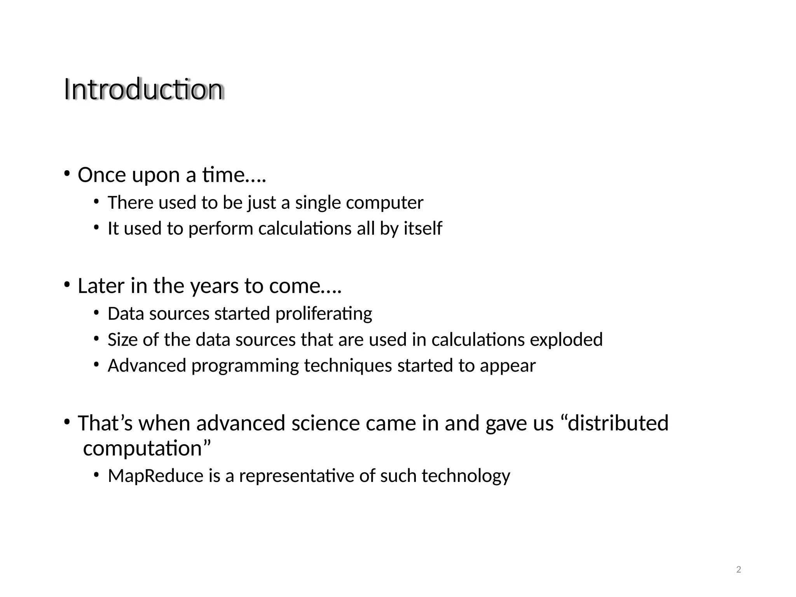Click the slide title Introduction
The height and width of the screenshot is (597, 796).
click(x=143, y=89)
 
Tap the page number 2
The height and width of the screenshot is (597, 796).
click(x=738, y=570)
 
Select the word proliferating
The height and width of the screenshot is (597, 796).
click(x=323, y=314)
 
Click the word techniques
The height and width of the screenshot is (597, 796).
click(x=348, y=366)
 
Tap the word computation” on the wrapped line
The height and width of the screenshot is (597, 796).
click(x=147, y=449)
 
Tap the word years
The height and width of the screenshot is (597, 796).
click(x=214, y=286)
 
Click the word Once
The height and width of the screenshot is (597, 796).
click(x=102, y=175)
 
